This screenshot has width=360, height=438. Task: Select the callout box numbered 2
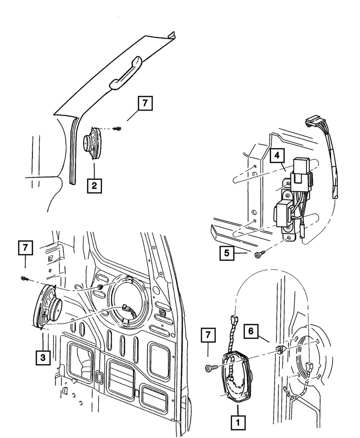[94, 185]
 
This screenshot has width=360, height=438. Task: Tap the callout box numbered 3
[43, 357]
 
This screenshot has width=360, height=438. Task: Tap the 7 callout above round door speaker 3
[25, 248]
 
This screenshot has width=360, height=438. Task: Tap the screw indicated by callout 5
[258, 254]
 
